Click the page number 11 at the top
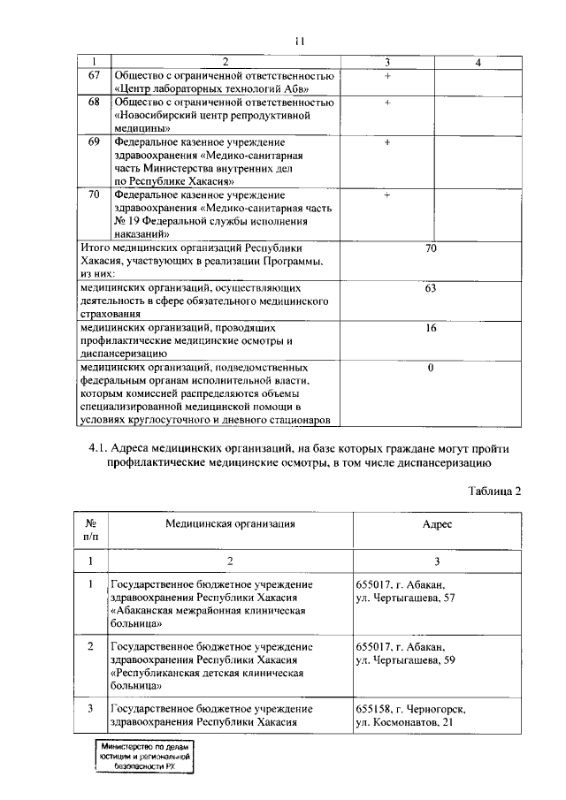tap(300, 41)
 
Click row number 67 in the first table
tap(94, 77)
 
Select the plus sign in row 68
tap(387, 103)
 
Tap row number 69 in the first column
tap(94, 142)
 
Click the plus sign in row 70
tap(387, 194)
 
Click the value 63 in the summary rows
tap(431, 288)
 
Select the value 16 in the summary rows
tap(431, 328)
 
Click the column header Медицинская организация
tap(230, 523)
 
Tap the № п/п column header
tap(90, 530)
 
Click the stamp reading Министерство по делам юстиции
tap(146, 757)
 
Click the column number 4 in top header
tap(478, 62)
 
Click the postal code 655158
tap(372, 709)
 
